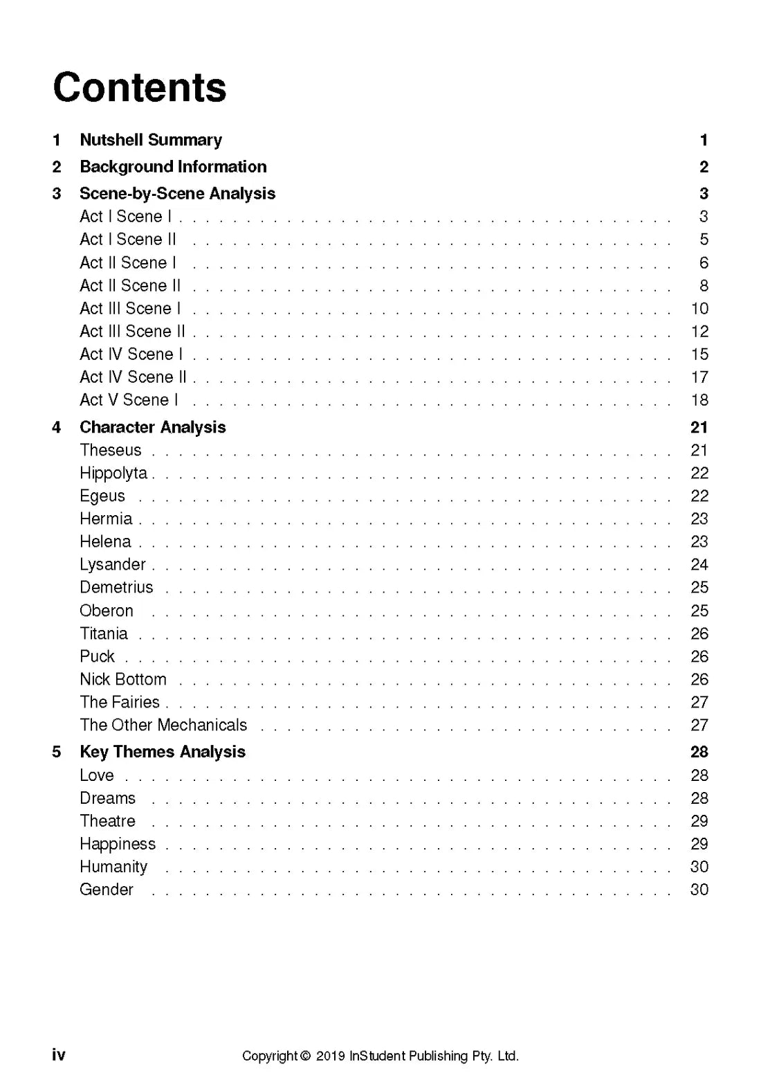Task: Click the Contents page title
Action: pos(140,88)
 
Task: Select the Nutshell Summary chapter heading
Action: pos(151,140)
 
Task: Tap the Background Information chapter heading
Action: pos(173,167)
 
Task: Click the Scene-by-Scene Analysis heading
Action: pos(177,194)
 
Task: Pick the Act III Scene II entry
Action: pos(132,332)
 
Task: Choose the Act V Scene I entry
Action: pos(129,400)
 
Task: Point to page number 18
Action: pos(699,400)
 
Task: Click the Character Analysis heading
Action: pos(152,427)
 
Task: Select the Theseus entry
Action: pos(110,450)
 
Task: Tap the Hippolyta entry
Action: pos(113,474)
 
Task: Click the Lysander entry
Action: pos(112,565)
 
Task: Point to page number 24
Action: pos(699,565)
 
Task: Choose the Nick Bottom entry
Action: pos(123,679)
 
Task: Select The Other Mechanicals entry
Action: pos(163,725)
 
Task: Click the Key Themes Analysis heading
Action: pos(163,752)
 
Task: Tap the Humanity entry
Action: pos(113,867)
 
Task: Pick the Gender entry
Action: pos(107,890)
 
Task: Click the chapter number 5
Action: pos(57,752)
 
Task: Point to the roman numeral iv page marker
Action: pos(59,1054)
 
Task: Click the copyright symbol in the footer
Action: pos(305,1056)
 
